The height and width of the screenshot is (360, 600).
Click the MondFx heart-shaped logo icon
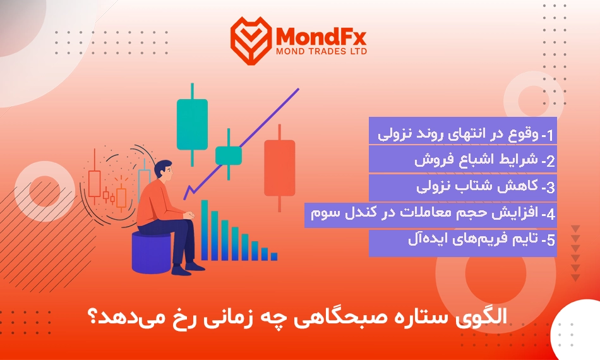[251, 40]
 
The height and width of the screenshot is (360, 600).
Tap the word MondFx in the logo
[321, 37]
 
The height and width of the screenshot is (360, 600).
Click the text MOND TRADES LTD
[321, 51]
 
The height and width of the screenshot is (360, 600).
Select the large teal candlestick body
[192, 124]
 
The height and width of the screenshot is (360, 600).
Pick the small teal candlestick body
[229, 156]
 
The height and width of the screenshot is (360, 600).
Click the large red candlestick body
[279, 168]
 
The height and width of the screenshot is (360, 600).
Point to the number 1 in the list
[550, 135]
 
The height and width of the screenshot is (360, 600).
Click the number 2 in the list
[550, 161]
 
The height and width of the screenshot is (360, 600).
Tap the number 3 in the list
[550, 187]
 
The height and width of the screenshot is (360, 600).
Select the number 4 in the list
[550, 214]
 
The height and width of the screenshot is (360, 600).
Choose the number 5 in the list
[550, 240]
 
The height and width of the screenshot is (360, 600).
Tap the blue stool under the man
[151, 253]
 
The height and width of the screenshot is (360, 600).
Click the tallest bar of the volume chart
[205, 230]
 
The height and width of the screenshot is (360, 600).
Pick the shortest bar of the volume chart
[274, 256]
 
